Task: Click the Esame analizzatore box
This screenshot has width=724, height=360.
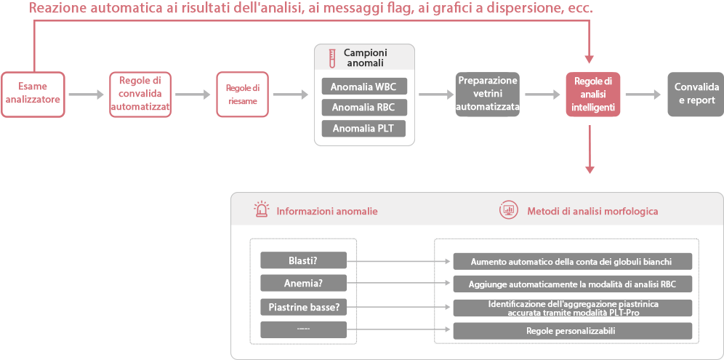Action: click(33, 94)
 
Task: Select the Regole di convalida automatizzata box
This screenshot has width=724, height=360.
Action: click(140, 94)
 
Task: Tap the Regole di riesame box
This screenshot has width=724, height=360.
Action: click(242, 94)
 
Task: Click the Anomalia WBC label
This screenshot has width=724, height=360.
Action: click(364, 87)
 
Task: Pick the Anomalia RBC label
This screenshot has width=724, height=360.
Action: click(364, 108)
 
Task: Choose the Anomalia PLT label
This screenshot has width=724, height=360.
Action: click(364, 129)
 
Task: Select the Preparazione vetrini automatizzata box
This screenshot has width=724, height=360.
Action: click(487, 94)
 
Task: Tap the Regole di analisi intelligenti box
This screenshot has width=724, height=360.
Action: click(592, 94)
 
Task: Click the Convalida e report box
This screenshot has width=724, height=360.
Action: click(696, 94)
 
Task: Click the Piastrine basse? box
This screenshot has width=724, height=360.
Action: click(303, 306)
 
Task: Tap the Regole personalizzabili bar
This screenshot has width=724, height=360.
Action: click(573, 331)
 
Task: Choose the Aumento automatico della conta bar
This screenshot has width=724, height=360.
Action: click(573, 261)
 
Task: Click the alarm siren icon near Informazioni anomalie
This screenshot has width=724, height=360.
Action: click(262, 210)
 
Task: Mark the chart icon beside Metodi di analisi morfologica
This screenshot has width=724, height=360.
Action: click(507, 210)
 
